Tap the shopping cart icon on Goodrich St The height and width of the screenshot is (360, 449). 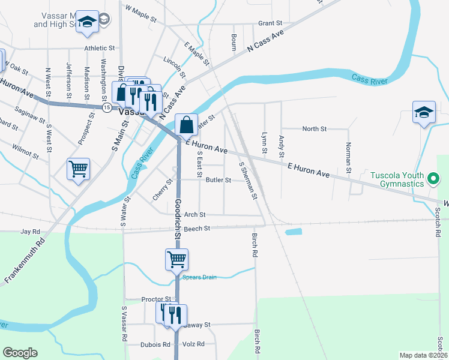tap(176, 259)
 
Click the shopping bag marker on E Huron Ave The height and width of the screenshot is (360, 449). tap(187, 125)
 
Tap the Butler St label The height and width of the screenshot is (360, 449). tap(218, 180)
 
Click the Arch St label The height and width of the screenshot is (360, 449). tap(194, 214)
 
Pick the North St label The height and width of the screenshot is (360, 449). tap(314, 129)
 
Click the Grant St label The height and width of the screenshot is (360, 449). tap(270, 23)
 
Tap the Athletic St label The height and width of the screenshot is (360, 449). tap(99, 48)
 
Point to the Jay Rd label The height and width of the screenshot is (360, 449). tap(30, 231)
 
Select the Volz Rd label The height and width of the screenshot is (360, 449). tap(193, 344)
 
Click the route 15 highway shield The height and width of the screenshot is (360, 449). tap(106, 107)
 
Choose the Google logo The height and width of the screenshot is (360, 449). tap(20, 353)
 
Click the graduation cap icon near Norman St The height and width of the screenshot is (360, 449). tap(423, 112)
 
